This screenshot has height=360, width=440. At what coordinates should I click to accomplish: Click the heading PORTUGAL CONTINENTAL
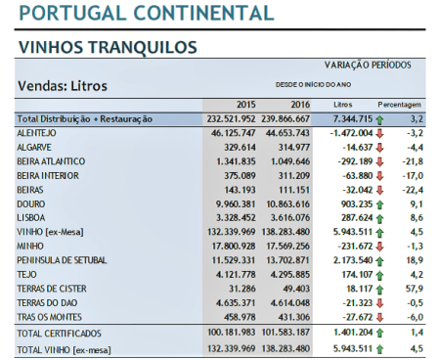[147, 14]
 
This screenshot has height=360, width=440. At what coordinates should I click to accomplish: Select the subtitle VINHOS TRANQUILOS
[108, 47]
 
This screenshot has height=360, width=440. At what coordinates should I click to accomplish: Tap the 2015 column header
[245, 104]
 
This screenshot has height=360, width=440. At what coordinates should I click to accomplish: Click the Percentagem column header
[401, 104]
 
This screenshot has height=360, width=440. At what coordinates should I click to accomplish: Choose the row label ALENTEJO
[36, 132]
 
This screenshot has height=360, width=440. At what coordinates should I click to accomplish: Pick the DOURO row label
[32, 202]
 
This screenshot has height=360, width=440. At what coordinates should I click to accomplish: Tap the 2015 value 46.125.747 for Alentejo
[234, 132]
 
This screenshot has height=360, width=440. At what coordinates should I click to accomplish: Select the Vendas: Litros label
[63, 85]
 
